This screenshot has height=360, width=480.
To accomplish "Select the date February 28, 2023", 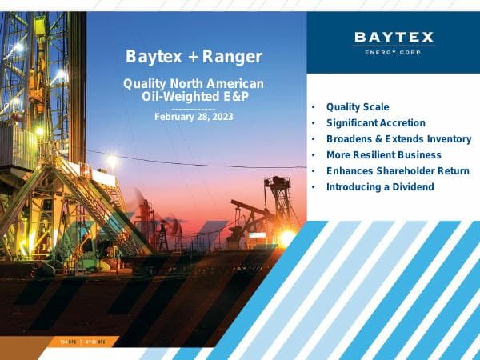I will (x=194, y=117).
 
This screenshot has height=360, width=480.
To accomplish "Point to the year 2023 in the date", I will (x=220, y=117).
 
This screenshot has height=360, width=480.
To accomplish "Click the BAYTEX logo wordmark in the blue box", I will (x=394, y=37).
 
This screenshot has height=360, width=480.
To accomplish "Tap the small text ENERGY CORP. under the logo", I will (x=394, y=52).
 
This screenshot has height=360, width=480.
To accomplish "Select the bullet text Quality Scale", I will (x=358, y=106).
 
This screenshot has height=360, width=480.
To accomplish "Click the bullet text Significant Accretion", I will (x=376, y=123).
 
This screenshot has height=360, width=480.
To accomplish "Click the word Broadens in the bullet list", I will (x=348, y=139).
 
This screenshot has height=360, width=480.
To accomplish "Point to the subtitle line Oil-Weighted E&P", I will (x=194, y=97).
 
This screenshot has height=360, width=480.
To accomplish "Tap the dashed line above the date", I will (x=194, y=107).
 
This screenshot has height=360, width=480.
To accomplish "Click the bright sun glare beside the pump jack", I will (x=286, y=237).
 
